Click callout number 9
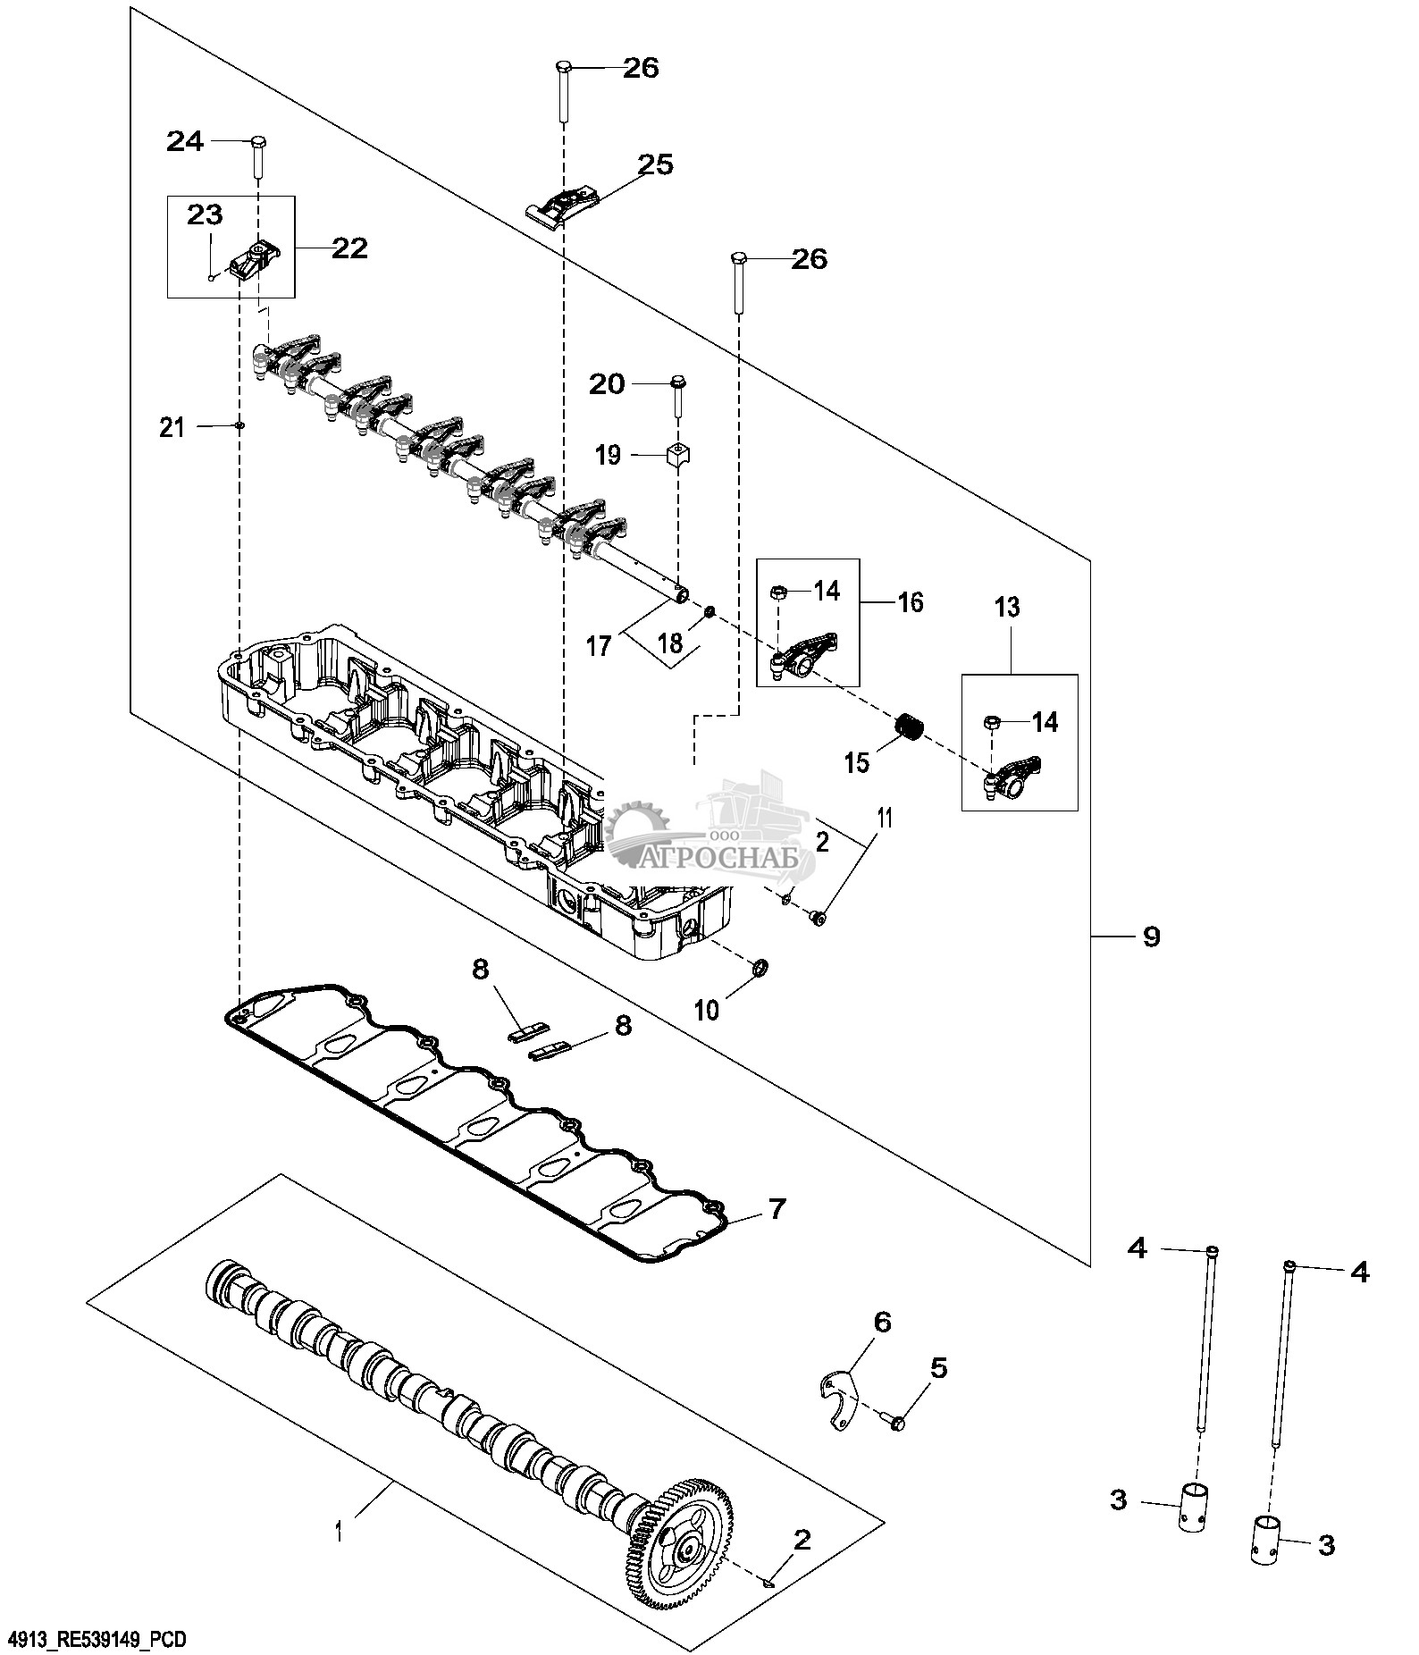(x=1151, y=937)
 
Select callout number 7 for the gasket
(x=776, y=1210)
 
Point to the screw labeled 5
(x=895, y=1420)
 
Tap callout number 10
(x=706, y=1010)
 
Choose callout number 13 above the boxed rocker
(x=1006, y=608)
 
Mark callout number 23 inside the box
(x=204, y=215)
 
